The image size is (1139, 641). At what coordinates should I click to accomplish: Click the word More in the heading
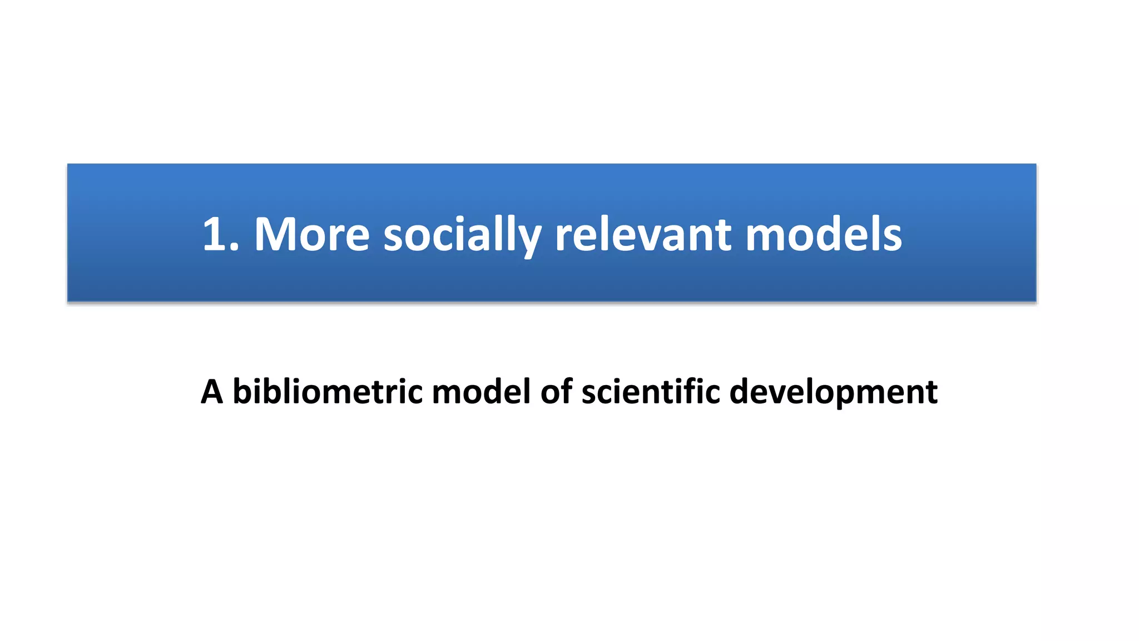tap(312, 234)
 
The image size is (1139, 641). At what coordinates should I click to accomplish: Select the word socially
tap(462, 234)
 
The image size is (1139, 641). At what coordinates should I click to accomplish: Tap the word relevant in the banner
tap(643, 234)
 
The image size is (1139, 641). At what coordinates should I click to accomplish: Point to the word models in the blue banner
tap(823, 234)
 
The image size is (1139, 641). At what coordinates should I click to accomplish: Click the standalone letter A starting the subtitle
tap(212, 392)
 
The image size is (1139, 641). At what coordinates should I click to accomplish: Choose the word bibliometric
tap(328, 392)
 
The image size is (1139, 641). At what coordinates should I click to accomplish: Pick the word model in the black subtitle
tap(481, 392)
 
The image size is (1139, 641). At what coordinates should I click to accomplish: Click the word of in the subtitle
tap(557, 392)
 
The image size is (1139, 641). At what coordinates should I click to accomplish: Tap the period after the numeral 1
tap(234, 248)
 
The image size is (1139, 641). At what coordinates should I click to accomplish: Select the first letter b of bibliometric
tap(242, 392)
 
